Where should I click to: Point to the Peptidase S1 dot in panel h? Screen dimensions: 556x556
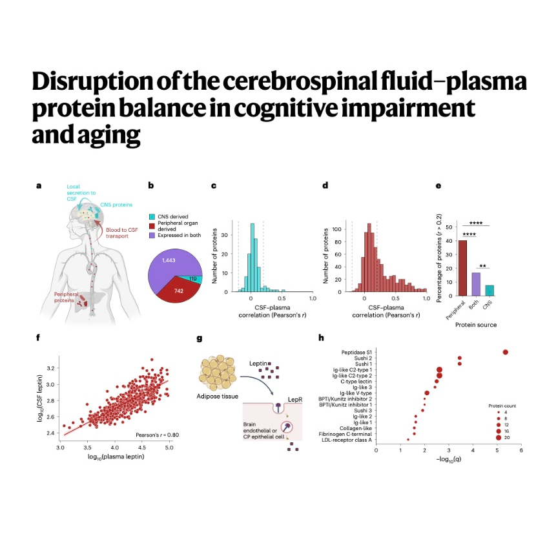pyautogui.click(x=506, y=352)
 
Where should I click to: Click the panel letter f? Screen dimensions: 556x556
pyautogui.click(x=38, y=337)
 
